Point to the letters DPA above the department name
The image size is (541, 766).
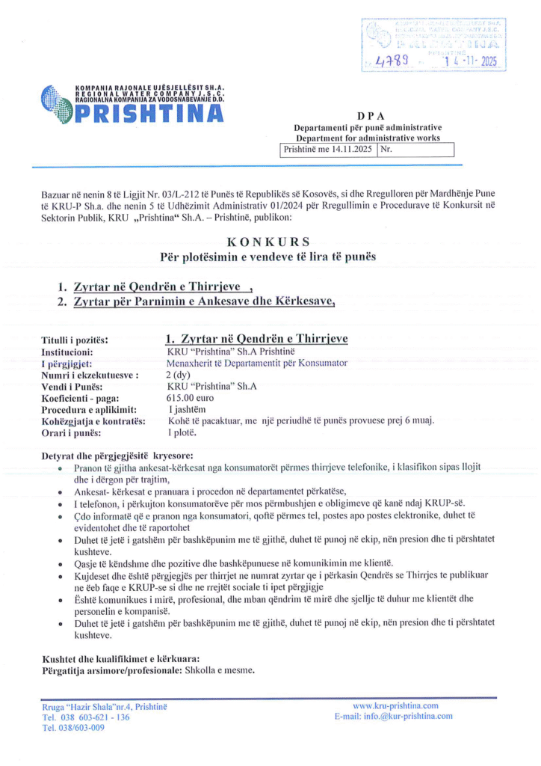pyautogui.click(x=371, y=115)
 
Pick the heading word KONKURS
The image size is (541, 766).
pyautogui.click(x=270, y=241)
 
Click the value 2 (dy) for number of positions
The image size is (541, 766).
pyautogui.click(x=177, y=374)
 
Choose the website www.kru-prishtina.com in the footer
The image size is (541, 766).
pyautogui.click(x=395, y=705)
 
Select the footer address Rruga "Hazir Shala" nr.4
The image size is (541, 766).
pyautogui.click(x=105, y=706)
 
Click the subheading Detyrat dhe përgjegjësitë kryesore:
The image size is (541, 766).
pyautogui.click(x=118, y=455)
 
